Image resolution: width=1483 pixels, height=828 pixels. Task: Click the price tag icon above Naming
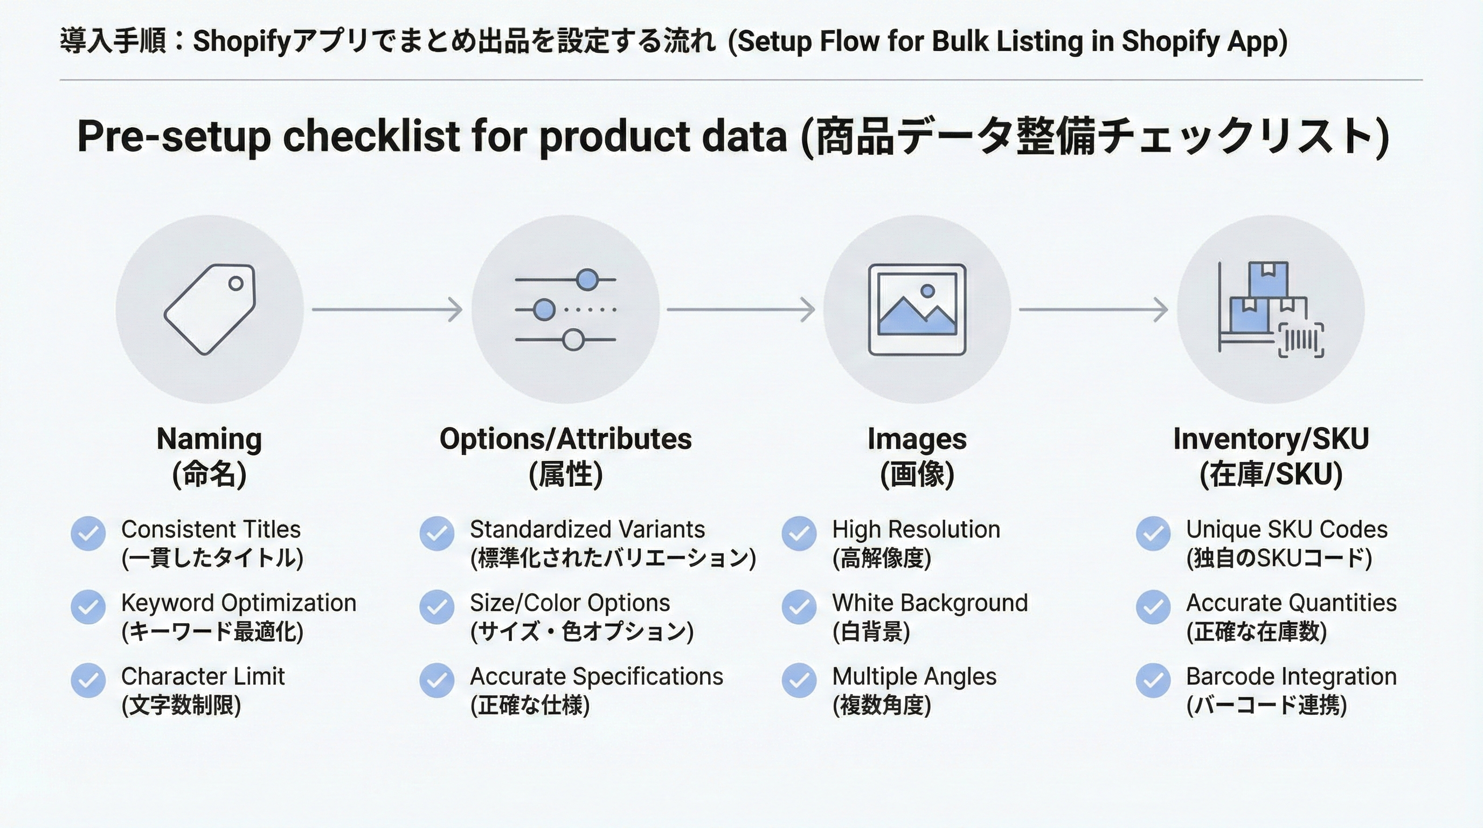click(210, 309)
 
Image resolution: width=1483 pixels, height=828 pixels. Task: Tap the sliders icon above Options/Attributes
click(565, 310)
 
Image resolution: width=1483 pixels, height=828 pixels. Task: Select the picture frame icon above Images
click(917, 310)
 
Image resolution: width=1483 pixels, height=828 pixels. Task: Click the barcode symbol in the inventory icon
click(1301, 341)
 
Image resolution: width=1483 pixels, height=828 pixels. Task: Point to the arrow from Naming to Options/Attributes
click(387, 309)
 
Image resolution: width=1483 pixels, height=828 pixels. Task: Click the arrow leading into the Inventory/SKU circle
click(1094, 309)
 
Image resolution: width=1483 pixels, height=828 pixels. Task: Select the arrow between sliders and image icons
click(741, 309)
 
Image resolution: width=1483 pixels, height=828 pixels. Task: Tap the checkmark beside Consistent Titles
click(88, 533)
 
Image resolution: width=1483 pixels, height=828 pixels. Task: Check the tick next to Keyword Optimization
click(88, 607)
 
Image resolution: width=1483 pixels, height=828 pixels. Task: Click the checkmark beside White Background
click(799, 607)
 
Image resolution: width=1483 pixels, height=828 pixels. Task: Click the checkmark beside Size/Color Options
click(437, 607)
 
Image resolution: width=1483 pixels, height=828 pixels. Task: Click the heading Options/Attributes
click(565, 439)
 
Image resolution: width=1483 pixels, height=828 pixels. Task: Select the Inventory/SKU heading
click(1271, 439)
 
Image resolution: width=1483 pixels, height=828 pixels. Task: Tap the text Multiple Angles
click(914, 677)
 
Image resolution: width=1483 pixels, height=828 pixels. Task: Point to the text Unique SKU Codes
click(1287, 529)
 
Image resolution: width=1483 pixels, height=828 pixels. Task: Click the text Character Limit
click(203, 676)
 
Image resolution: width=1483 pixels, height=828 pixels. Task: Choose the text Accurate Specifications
click(597, 677)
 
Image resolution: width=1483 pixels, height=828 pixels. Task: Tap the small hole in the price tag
click(235, 284)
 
